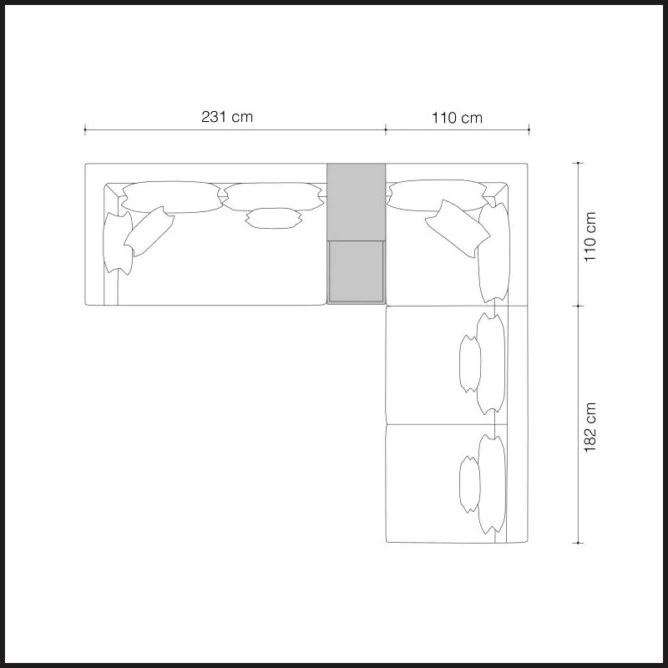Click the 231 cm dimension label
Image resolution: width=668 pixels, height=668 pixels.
[227, 117]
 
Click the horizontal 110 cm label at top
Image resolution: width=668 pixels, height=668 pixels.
[457, 118]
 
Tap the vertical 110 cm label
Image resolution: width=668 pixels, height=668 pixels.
[590, 237]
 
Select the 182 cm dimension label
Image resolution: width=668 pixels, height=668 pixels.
[590, 428]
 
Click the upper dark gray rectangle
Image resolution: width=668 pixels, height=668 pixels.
[357, 202]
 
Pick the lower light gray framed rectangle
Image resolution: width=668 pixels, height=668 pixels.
[357, 272]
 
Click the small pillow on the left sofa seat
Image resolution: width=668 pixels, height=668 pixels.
[274, 218]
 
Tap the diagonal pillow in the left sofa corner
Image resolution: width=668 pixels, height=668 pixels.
[149, 231]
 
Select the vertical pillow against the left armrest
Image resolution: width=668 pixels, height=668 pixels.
[118, 243]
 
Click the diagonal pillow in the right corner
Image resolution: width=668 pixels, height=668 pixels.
[458, 228]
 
